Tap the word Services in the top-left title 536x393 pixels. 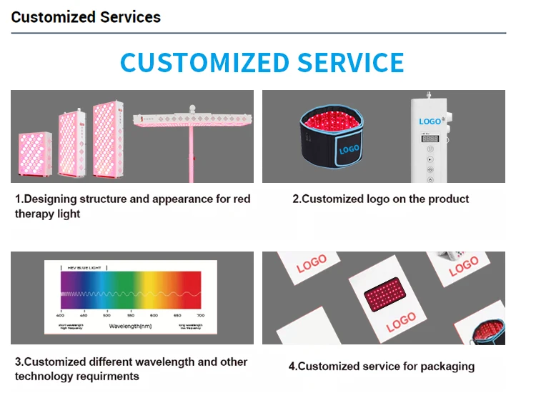(x=126, y=16)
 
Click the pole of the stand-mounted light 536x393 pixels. (x=192, y=154)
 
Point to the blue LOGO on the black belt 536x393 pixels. (x=349, y=149)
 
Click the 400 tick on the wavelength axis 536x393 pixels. (x=60, y=314)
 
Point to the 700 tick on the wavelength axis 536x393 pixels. (x=200, y=314)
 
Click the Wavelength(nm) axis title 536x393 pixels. (x=129, y=325)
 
